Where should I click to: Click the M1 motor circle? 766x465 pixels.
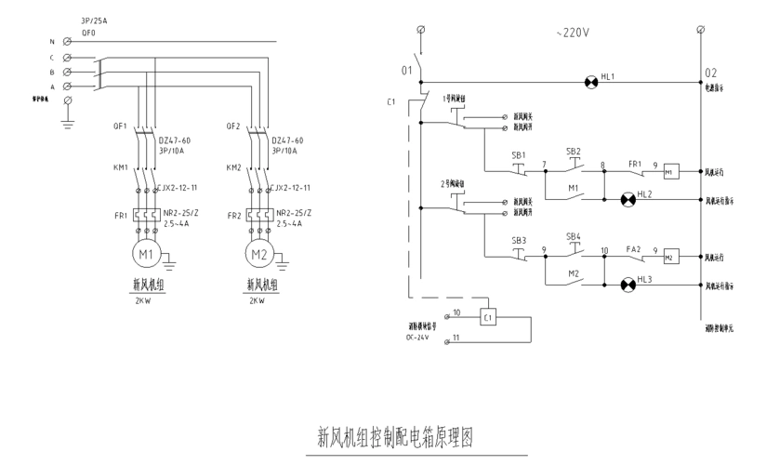145,253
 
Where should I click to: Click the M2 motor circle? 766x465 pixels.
258,253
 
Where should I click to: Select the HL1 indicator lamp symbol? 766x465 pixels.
589,82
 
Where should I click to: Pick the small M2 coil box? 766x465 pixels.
670,257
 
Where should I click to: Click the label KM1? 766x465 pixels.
120,169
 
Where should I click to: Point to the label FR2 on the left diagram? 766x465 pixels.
234,215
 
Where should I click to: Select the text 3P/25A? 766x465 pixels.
95,19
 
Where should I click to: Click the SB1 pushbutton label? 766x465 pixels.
519,154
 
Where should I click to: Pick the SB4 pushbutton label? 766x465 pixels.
574,236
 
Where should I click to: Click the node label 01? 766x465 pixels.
405,71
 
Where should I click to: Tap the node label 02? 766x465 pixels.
711,72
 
